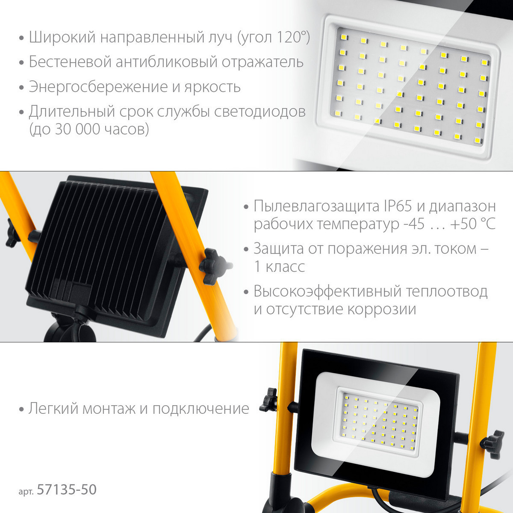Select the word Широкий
coord(62,37)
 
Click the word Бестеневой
coord(70,62)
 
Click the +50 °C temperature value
coord(473,223)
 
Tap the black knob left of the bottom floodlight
coord(269,399)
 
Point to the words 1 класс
coord(279,266)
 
